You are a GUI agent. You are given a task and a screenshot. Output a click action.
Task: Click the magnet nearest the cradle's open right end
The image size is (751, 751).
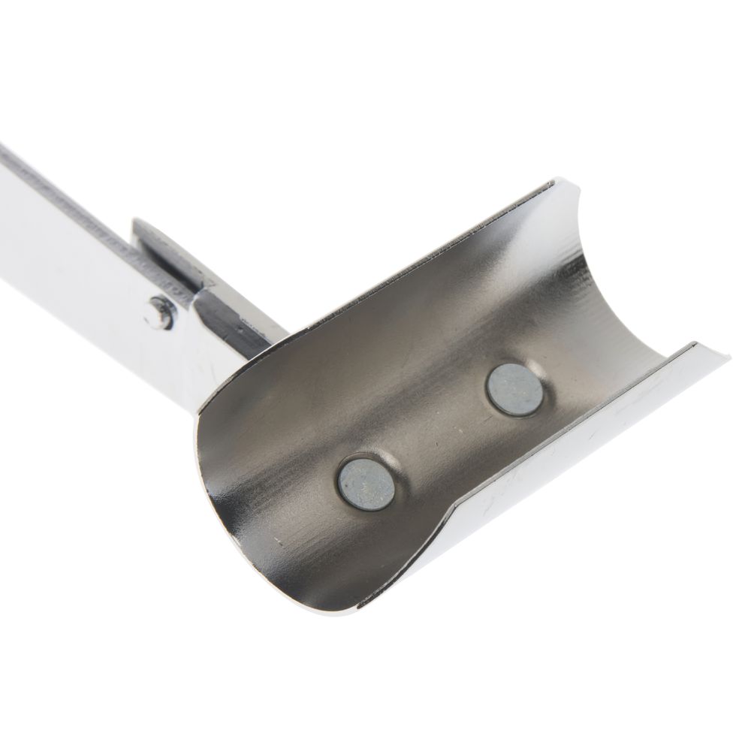pyautogui.click(x=514, y=389)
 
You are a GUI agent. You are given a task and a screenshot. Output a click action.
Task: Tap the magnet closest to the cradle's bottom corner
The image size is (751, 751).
pyautogui.click(x=366, y=484)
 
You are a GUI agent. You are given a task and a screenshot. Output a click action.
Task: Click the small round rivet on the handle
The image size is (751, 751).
pyautogui.click(x=159, y=312)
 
